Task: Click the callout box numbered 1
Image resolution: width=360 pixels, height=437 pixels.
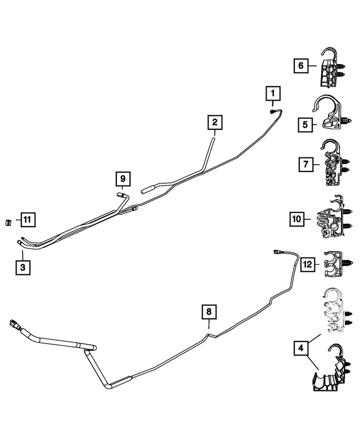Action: [x=273, y=93]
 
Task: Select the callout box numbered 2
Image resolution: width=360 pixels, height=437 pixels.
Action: [x=214, y=122]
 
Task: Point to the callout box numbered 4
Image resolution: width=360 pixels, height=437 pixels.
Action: [x=301, y=349]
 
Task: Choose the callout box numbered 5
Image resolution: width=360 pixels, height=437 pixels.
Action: [x=305, y=123]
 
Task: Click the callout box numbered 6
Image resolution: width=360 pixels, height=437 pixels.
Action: [x=301, y=66]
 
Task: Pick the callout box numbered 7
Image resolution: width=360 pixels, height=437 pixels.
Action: [x=305, y=164]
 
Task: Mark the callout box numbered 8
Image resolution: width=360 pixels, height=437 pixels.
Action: [x=209, y=311]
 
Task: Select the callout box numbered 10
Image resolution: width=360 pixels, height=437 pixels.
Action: [x=298, y=218]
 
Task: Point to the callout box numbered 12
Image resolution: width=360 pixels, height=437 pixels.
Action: [x=307, y=263]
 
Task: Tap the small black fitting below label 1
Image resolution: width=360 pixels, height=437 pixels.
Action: [x=273, y=111]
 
